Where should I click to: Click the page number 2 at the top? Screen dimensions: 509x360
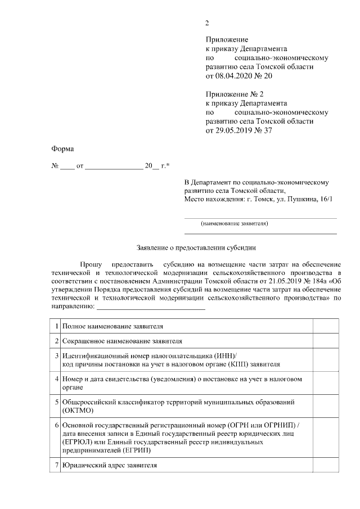point(207,23)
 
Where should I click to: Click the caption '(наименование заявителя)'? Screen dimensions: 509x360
point(234,223)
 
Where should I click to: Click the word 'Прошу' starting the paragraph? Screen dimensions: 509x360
point(91,264)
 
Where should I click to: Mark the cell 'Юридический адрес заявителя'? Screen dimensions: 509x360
point(110,465)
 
